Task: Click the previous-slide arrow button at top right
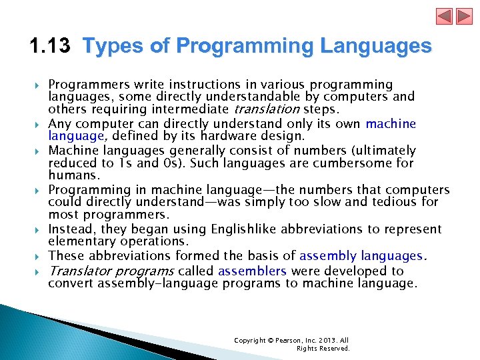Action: point(445,17)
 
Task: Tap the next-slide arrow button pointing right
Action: point(463,17)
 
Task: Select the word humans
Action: point(74,175)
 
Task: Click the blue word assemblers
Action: point(252,271)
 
